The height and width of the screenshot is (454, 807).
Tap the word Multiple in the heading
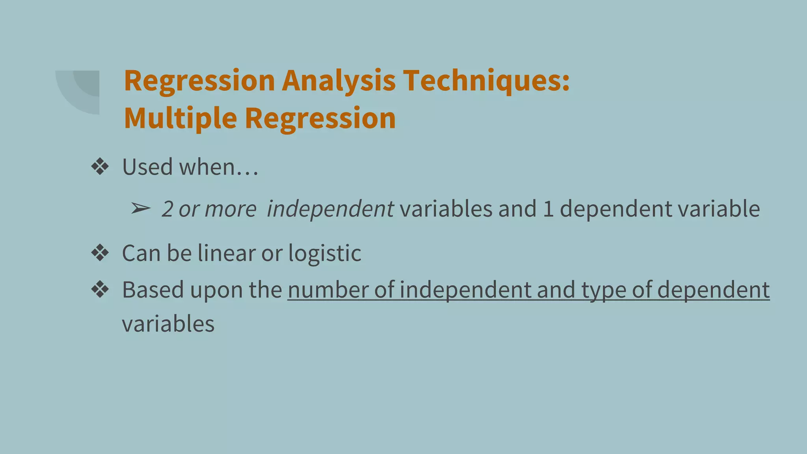(180, 118)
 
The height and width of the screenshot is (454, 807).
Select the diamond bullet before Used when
(100, 167)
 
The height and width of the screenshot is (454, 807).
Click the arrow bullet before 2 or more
(141, 208)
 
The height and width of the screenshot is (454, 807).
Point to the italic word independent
(330, 209)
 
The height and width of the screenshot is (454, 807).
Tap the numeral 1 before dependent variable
(548, 209)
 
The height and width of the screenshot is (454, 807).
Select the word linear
(227, 253)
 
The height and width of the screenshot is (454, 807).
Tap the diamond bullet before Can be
(100, 253)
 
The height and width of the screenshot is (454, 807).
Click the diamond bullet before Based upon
(100, 290)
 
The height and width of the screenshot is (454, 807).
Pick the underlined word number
(328, 290)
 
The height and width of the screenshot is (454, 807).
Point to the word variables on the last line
(168, 324)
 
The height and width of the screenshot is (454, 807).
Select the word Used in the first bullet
(147, 167)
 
